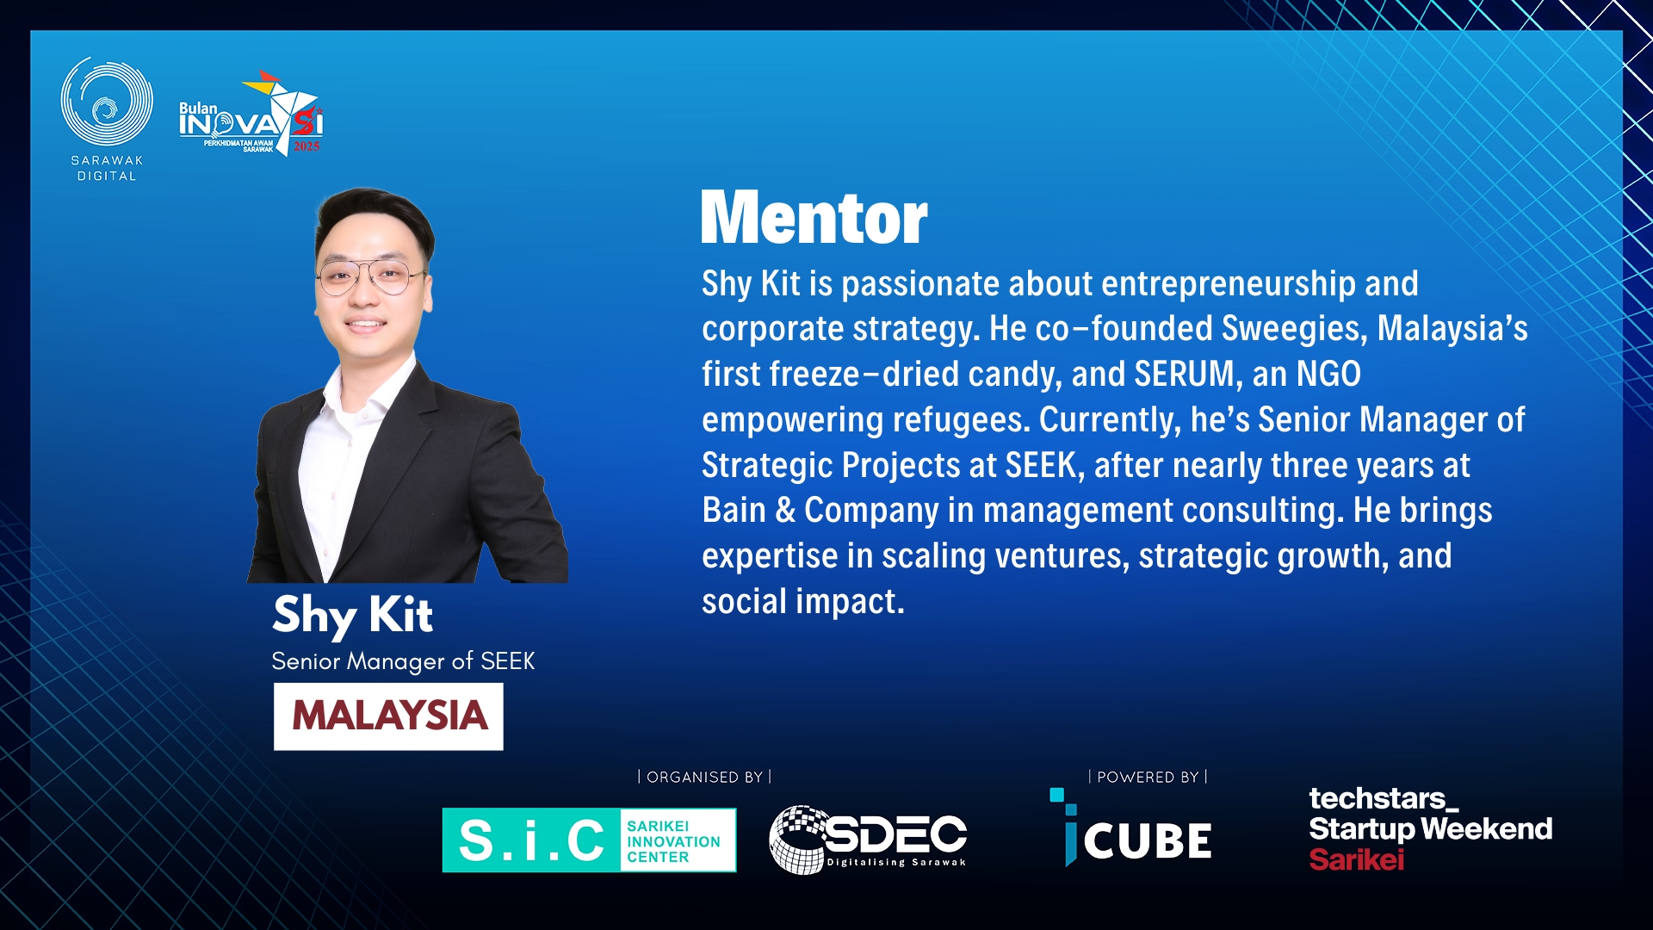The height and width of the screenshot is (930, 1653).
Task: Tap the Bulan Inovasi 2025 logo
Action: tap(251, 114)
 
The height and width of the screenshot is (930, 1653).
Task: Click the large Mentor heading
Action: tap(814, 218)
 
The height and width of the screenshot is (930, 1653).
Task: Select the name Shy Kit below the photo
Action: tap(352, 616)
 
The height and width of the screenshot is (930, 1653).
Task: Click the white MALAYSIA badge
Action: tap(388, 716)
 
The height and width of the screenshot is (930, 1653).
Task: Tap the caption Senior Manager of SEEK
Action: tap(403, 661)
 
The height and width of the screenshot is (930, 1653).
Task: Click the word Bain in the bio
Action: tap(734, 510)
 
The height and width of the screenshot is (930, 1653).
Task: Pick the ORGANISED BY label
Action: tap(704, 777)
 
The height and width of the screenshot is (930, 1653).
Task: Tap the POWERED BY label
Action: tap(1148, 777)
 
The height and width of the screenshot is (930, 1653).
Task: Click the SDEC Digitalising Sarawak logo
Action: tap(868, 840)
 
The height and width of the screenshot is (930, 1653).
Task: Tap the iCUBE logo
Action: tap(1130, 828)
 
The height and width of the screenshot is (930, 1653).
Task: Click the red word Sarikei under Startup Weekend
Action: tap(1356, 859)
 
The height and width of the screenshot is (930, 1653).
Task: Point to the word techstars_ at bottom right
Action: tap(1384, 798)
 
